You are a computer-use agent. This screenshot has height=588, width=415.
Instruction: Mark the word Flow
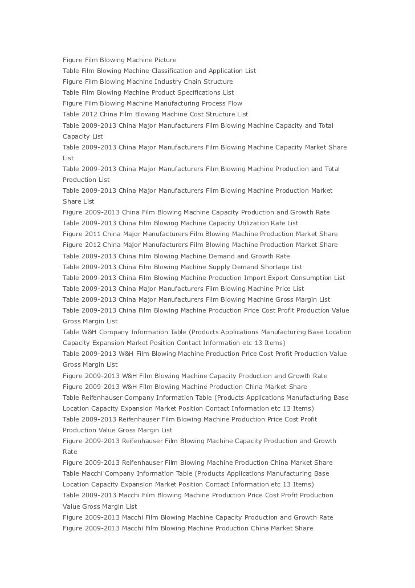point(235,103)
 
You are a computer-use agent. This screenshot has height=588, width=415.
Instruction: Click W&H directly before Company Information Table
point(89,332)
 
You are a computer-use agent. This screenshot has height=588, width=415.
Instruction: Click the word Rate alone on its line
point(70,452)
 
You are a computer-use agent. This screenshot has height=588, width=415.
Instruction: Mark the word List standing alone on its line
point(68,158)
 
